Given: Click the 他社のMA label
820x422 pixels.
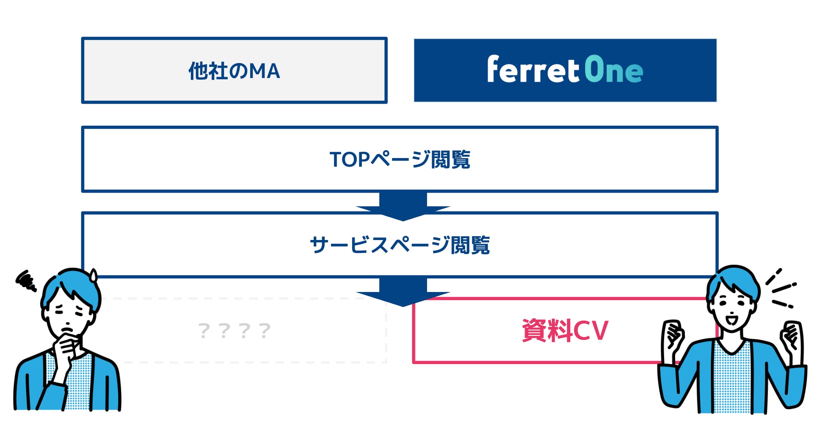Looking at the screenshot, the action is tap(234, 71).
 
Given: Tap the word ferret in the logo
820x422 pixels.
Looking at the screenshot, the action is tap(533, 69).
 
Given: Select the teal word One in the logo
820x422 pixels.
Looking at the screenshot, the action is tap(614, 69).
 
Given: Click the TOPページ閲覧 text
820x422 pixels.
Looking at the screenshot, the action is tap(400, 159).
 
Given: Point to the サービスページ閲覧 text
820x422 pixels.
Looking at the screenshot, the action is tap(400, 245).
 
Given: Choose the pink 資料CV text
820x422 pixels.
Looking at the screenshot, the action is tap(565, 330).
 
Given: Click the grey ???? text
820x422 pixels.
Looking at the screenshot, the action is tap(234, 330).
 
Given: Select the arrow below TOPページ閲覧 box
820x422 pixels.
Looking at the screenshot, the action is tap(403, 207).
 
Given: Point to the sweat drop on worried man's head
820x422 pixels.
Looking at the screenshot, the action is tap(93, 276).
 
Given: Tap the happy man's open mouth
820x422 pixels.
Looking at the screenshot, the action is tap(731, 319).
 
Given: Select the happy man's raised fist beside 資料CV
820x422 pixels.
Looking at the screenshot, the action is tap(673, 335).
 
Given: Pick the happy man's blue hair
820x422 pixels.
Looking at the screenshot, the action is tap(733, 281).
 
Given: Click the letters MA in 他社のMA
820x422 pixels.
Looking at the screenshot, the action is tap(265, 71).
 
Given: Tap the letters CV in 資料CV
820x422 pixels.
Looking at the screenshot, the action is tap(591, 331).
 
